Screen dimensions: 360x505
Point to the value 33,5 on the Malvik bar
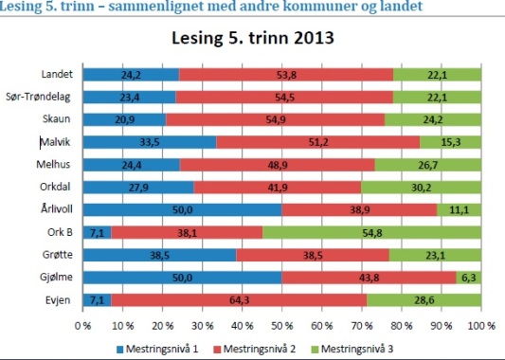[150, 142]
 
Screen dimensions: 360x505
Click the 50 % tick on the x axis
[282, 325]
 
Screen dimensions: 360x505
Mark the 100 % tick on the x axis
[479, 325]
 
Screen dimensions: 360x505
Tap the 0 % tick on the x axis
[82, 325]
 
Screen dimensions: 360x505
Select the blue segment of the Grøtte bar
[159, 255]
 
